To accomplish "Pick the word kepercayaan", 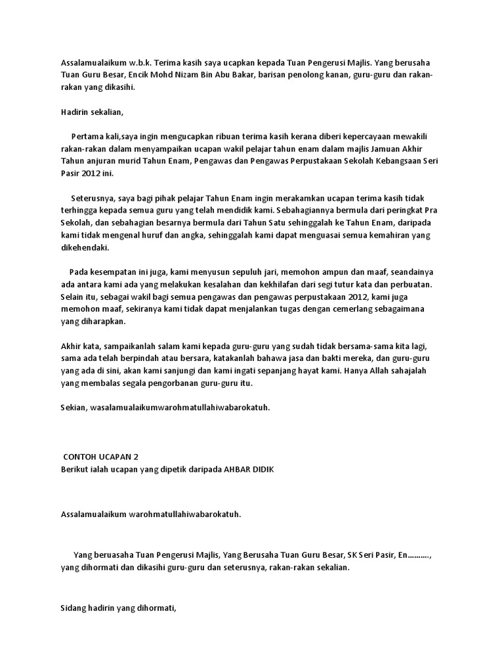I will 366,136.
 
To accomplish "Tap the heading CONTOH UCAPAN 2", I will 101,457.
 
